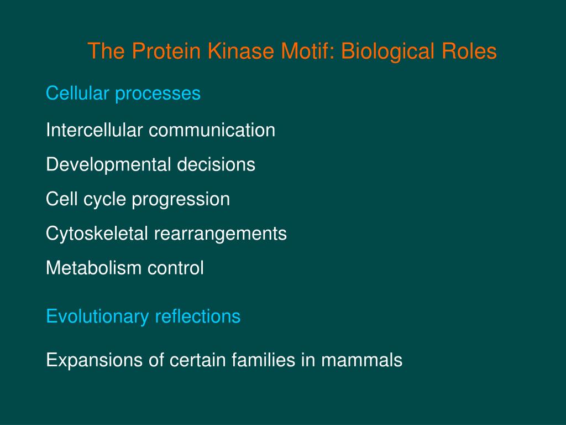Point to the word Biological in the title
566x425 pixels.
click(387, 51)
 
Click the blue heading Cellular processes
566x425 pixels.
click(123, 94)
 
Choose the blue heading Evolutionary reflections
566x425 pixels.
click(143, 317)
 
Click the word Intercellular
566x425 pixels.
click(95, 131)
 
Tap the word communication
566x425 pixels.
click(212, 131)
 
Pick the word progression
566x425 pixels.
click(181, 200)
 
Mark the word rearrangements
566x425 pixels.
click(220, 234)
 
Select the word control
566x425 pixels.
click(175, 268)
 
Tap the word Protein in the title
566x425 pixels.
click(166, 51)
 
